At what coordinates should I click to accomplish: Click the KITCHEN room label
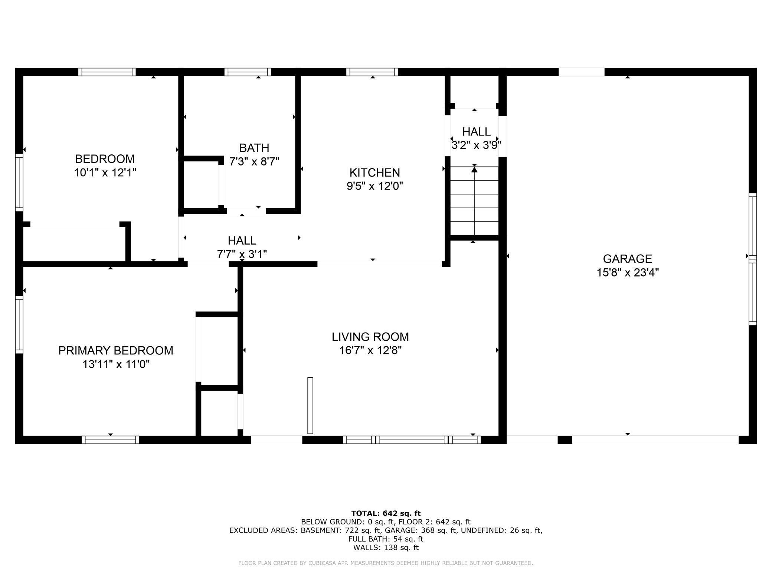374,173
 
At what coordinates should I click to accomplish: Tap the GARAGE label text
627,259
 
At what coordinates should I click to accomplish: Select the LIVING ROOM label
370,337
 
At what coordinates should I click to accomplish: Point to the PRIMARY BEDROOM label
116,350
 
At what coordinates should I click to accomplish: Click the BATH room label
254,148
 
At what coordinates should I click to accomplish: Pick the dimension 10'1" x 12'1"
105,173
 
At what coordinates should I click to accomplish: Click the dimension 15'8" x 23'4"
628,273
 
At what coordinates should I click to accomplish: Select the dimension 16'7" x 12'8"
370,350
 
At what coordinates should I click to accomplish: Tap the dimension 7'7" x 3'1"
242,254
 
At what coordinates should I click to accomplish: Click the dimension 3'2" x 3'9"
477,145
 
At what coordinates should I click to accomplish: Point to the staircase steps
474,200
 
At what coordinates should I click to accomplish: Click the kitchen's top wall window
372,72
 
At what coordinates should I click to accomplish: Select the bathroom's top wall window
248,72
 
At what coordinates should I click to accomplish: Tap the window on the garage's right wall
752,259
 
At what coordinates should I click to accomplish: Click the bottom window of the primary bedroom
111,440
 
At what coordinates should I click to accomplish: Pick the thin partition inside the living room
310,406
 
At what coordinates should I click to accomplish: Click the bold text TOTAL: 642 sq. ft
386,513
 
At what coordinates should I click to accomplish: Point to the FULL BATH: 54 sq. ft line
386,539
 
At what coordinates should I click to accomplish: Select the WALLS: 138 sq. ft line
386,547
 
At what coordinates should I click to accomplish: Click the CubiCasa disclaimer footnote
386,563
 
